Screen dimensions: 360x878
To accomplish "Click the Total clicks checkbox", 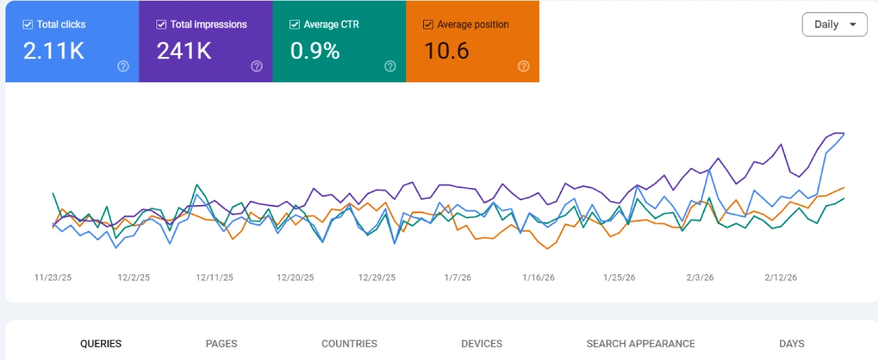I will pyautogui.click(x=27, y=25).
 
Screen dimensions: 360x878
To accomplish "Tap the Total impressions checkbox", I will pyautogui.click(x=161, y=25).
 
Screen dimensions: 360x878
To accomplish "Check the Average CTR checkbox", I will pyautogui.click(x=294, y=25).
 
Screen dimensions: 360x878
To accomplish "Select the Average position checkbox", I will pyautogui.click(x=428, y=25).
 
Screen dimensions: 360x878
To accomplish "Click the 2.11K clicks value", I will pyautogui.click(x=54, y=51).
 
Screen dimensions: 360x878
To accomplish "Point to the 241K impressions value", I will pyautogui.click(x=184, y=51).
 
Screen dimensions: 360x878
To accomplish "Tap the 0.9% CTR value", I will pyautogui.click(x=315, y=51).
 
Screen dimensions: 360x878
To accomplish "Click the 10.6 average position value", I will pyautogui.click(x=446, y=51).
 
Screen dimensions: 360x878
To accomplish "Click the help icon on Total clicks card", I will pyautogui.click(x=123, y=67).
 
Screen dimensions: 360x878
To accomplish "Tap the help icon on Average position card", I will pyautogui.click(x=523, y=67).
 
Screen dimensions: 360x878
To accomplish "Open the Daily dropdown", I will pyautogui.click(x=834, y=25).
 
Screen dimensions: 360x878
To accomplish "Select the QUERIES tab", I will pyautogui.click(x=101, y=344).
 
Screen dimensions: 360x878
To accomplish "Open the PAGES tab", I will pyautogui.click(x=222, y=344).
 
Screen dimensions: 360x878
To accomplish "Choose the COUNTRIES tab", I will pyautogui.click(x=349, y=344).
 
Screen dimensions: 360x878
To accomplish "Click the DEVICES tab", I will pyautogui.click(x=482, y=344).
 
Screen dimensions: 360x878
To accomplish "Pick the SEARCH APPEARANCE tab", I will pyautogui.click(x=641, y=344).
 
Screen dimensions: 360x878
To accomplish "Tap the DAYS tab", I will pyautogui.click(x=792, y=344).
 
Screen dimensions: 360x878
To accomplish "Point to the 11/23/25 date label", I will pyautogui.click(x=54, y=278).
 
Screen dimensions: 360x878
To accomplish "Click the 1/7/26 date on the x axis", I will pyautogui.click(x=458, y=278).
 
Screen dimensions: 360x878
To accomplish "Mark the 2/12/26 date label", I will pyautogui.click(x=781, y=278).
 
